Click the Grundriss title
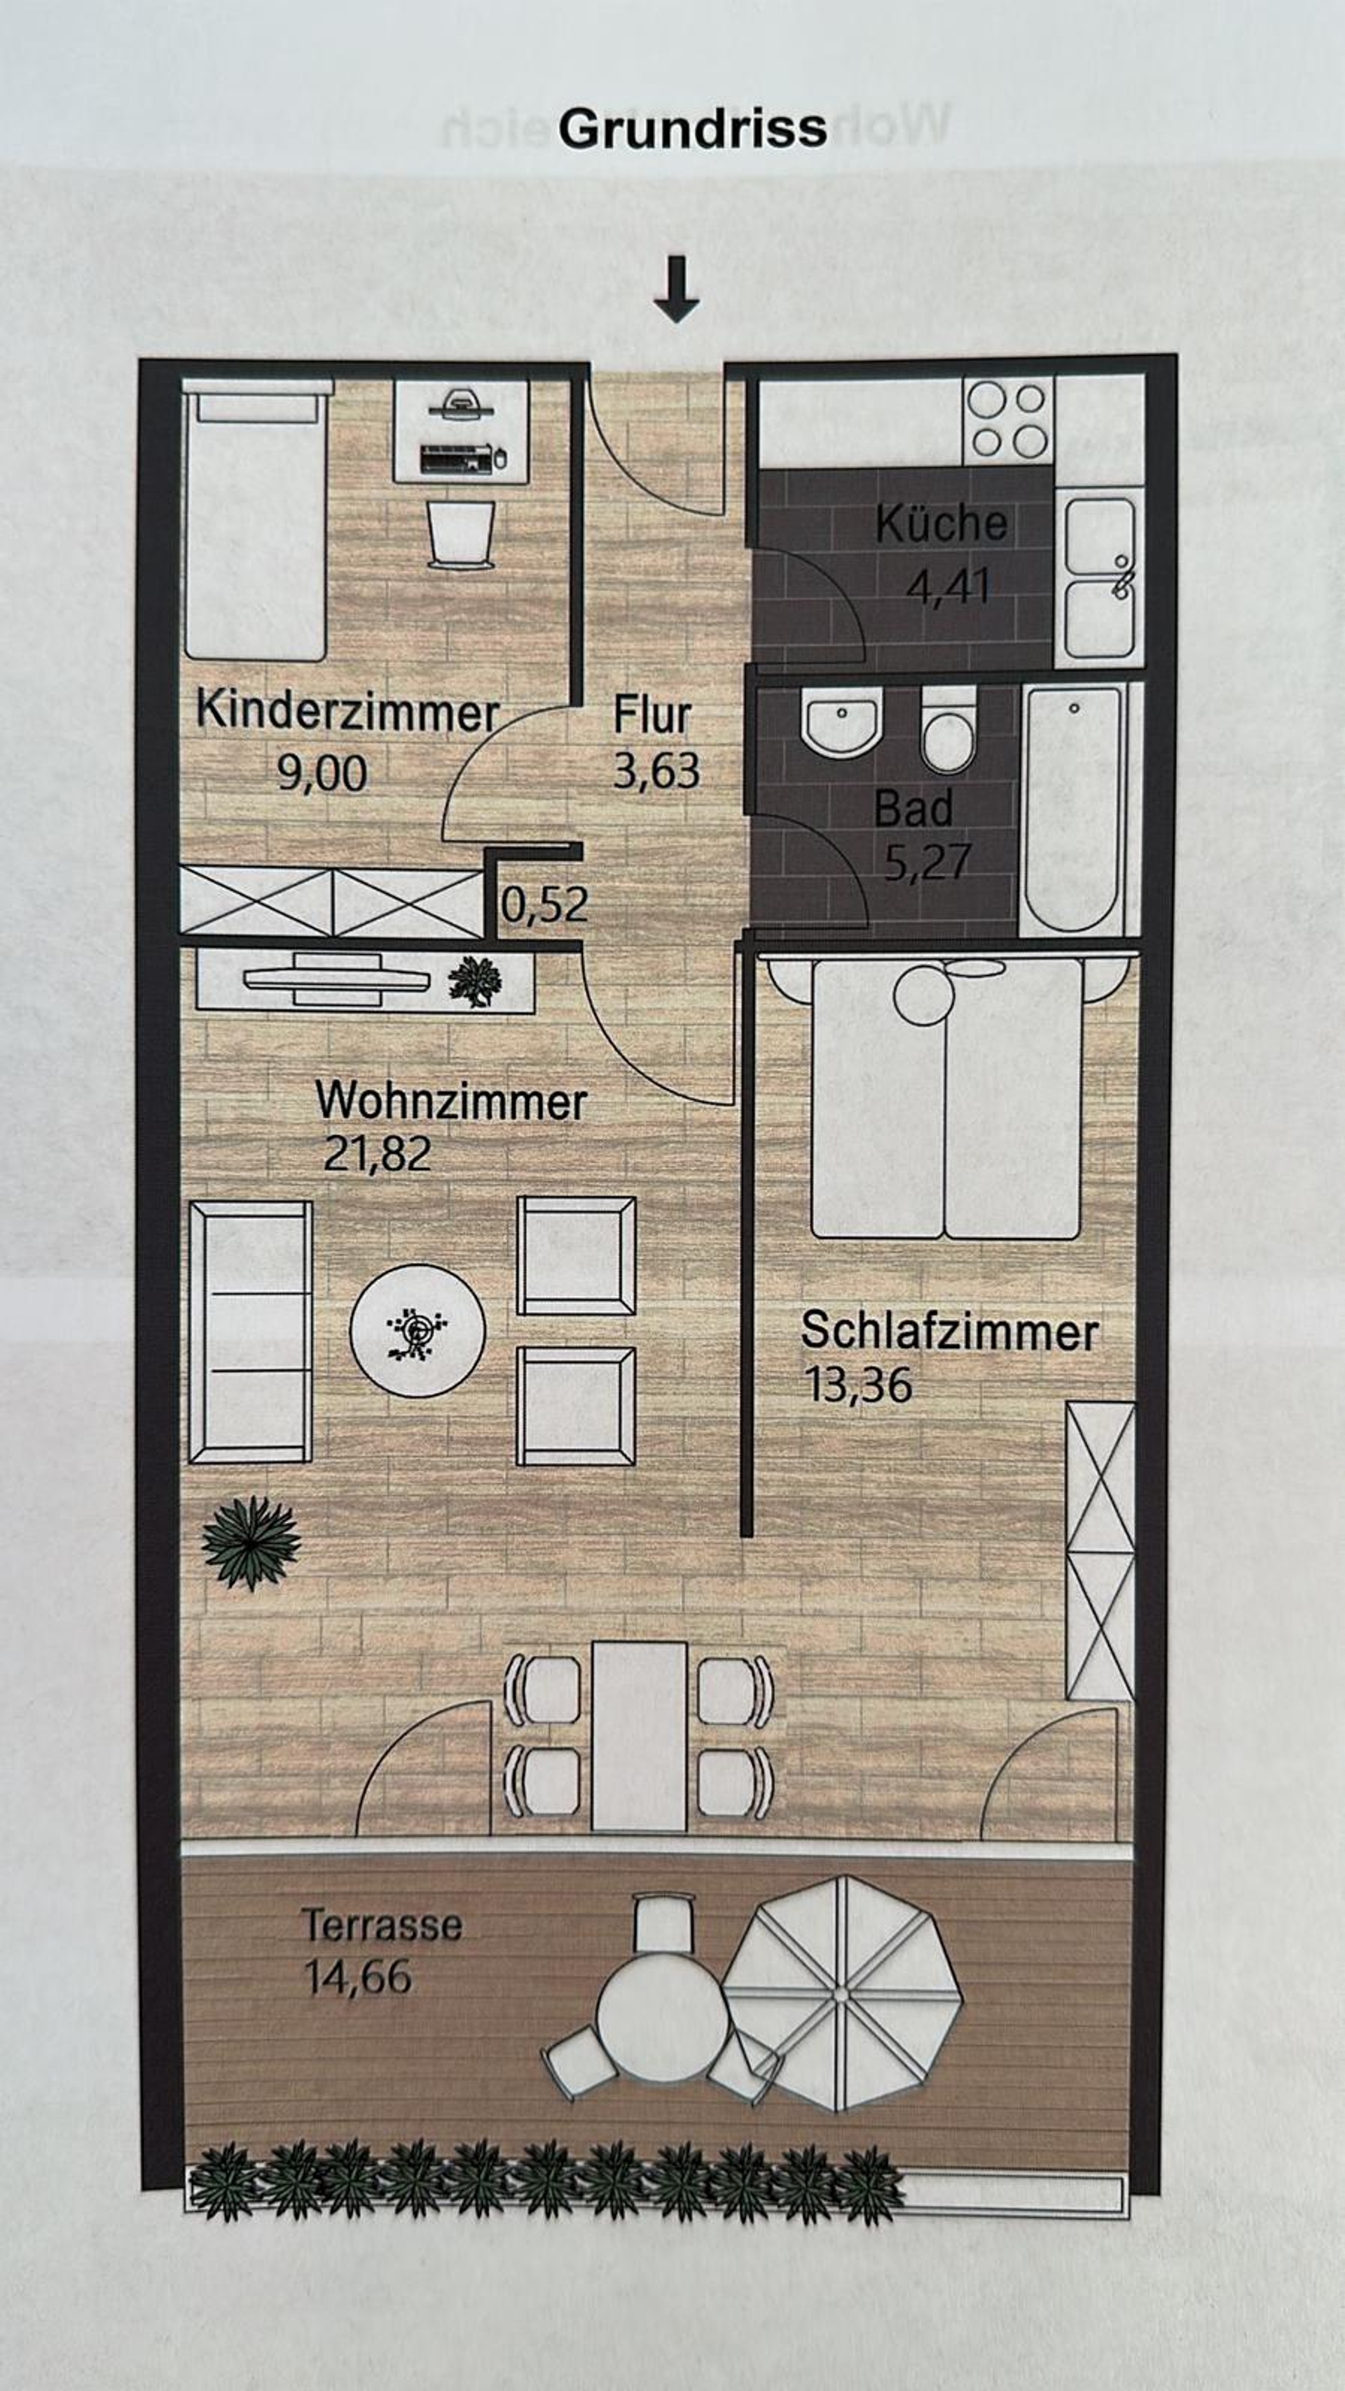[692, 129]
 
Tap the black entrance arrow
[676, 289]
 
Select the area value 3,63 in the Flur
[656, 771]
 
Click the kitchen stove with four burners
[1007, 420]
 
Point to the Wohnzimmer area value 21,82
[378, 1154]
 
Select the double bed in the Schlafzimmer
[947, 1099]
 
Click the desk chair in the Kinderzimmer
[460, 535]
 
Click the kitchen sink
[1099, 578]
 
